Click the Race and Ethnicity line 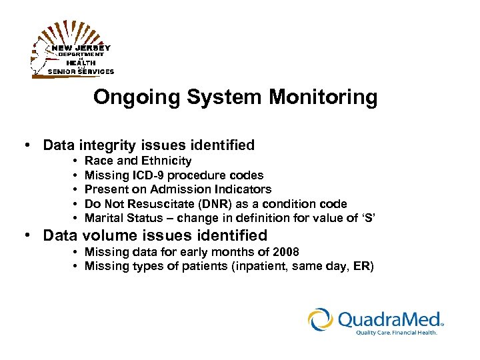pos(138,161)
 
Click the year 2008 pos(285,252)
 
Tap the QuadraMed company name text pos(390,319)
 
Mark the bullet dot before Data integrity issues pos(25,145)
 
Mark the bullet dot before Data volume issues pos(25,235)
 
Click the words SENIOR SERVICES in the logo pos(80,71)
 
